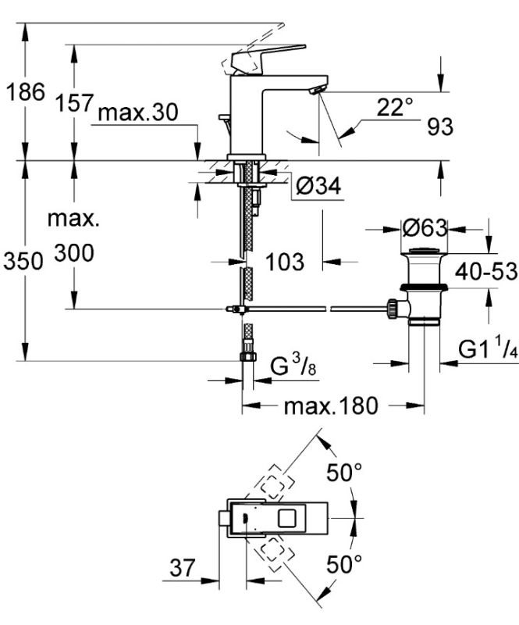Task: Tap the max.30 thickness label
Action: [x=138, y=113]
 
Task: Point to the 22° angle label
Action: [x=395, y=108]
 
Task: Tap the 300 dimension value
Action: [x=74, y=253]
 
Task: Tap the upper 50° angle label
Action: [x=343, y=472]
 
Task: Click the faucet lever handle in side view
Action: [x=265, y=58]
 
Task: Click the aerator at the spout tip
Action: [x=316, y=91]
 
